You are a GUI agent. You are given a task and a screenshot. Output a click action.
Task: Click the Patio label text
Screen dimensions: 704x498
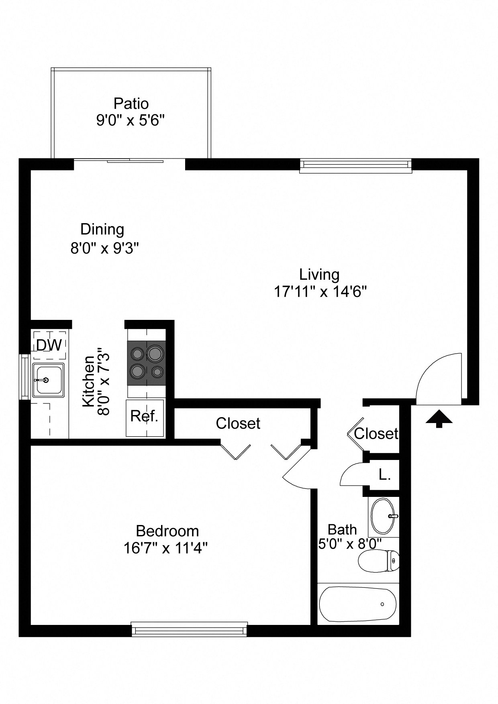click(x=131, y=104)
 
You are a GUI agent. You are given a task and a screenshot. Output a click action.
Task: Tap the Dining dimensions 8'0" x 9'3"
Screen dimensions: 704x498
click(x=104, y=248)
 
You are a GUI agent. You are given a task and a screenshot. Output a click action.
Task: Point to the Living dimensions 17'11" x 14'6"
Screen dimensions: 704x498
click(x=320, y=292)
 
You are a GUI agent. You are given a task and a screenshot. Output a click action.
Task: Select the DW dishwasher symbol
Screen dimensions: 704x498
click(x=49, y=345)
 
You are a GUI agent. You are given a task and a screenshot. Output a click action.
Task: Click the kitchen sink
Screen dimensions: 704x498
click(x=48, y=380)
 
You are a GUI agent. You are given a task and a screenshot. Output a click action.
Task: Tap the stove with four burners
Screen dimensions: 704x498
click(x=147, y=363)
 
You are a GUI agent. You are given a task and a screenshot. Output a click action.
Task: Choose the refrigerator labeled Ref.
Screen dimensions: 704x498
click(x=145, y=417)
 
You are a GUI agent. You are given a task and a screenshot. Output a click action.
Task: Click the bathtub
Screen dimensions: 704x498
click(x=357, y=604)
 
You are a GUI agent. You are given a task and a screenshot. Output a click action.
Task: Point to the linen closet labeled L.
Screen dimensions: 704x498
click(x=384, y=475)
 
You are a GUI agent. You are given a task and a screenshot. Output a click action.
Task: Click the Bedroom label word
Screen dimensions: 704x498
click(x=167, y=531)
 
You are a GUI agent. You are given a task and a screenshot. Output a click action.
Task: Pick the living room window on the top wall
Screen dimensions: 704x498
click(x=356, y=166)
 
